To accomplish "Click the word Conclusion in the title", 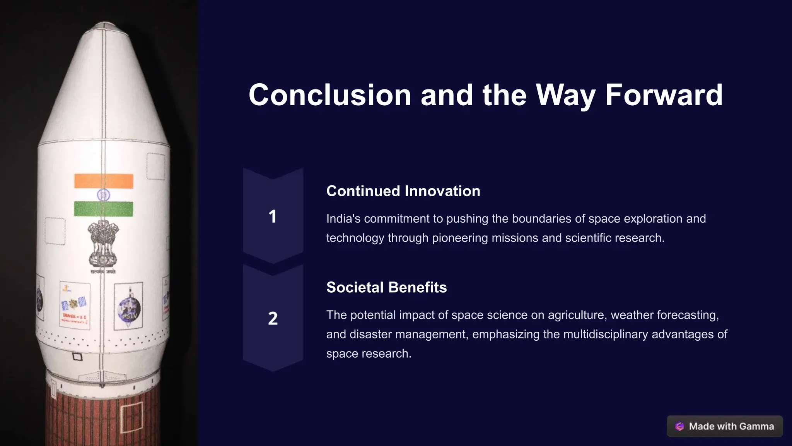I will [x=329, y=95].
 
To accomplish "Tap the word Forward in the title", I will [x=664, y=95].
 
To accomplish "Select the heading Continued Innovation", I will [x=403, y=191].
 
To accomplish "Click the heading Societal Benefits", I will [x=386, y=288].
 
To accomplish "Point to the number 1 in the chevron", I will [x=273, y=216].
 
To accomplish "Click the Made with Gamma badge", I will [x=725, y=426].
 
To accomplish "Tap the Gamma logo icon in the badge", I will [x=679, y=426].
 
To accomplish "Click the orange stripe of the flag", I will [x=104, y=181].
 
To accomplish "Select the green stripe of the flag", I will [x=104, y=209].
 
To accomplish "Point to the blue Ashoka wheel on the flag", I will [x=103, y=195].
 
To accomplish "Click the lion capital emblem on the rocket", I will [x=102, y=244].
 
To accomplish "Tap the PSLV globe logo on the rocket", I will [x=129, y=308].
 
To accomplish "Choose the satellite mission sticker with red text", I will [x=75, y=306].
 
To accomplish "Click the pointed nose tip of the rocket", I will [x=105, y=25].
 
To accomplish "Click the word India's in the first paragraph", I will [x=343, y=219].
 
